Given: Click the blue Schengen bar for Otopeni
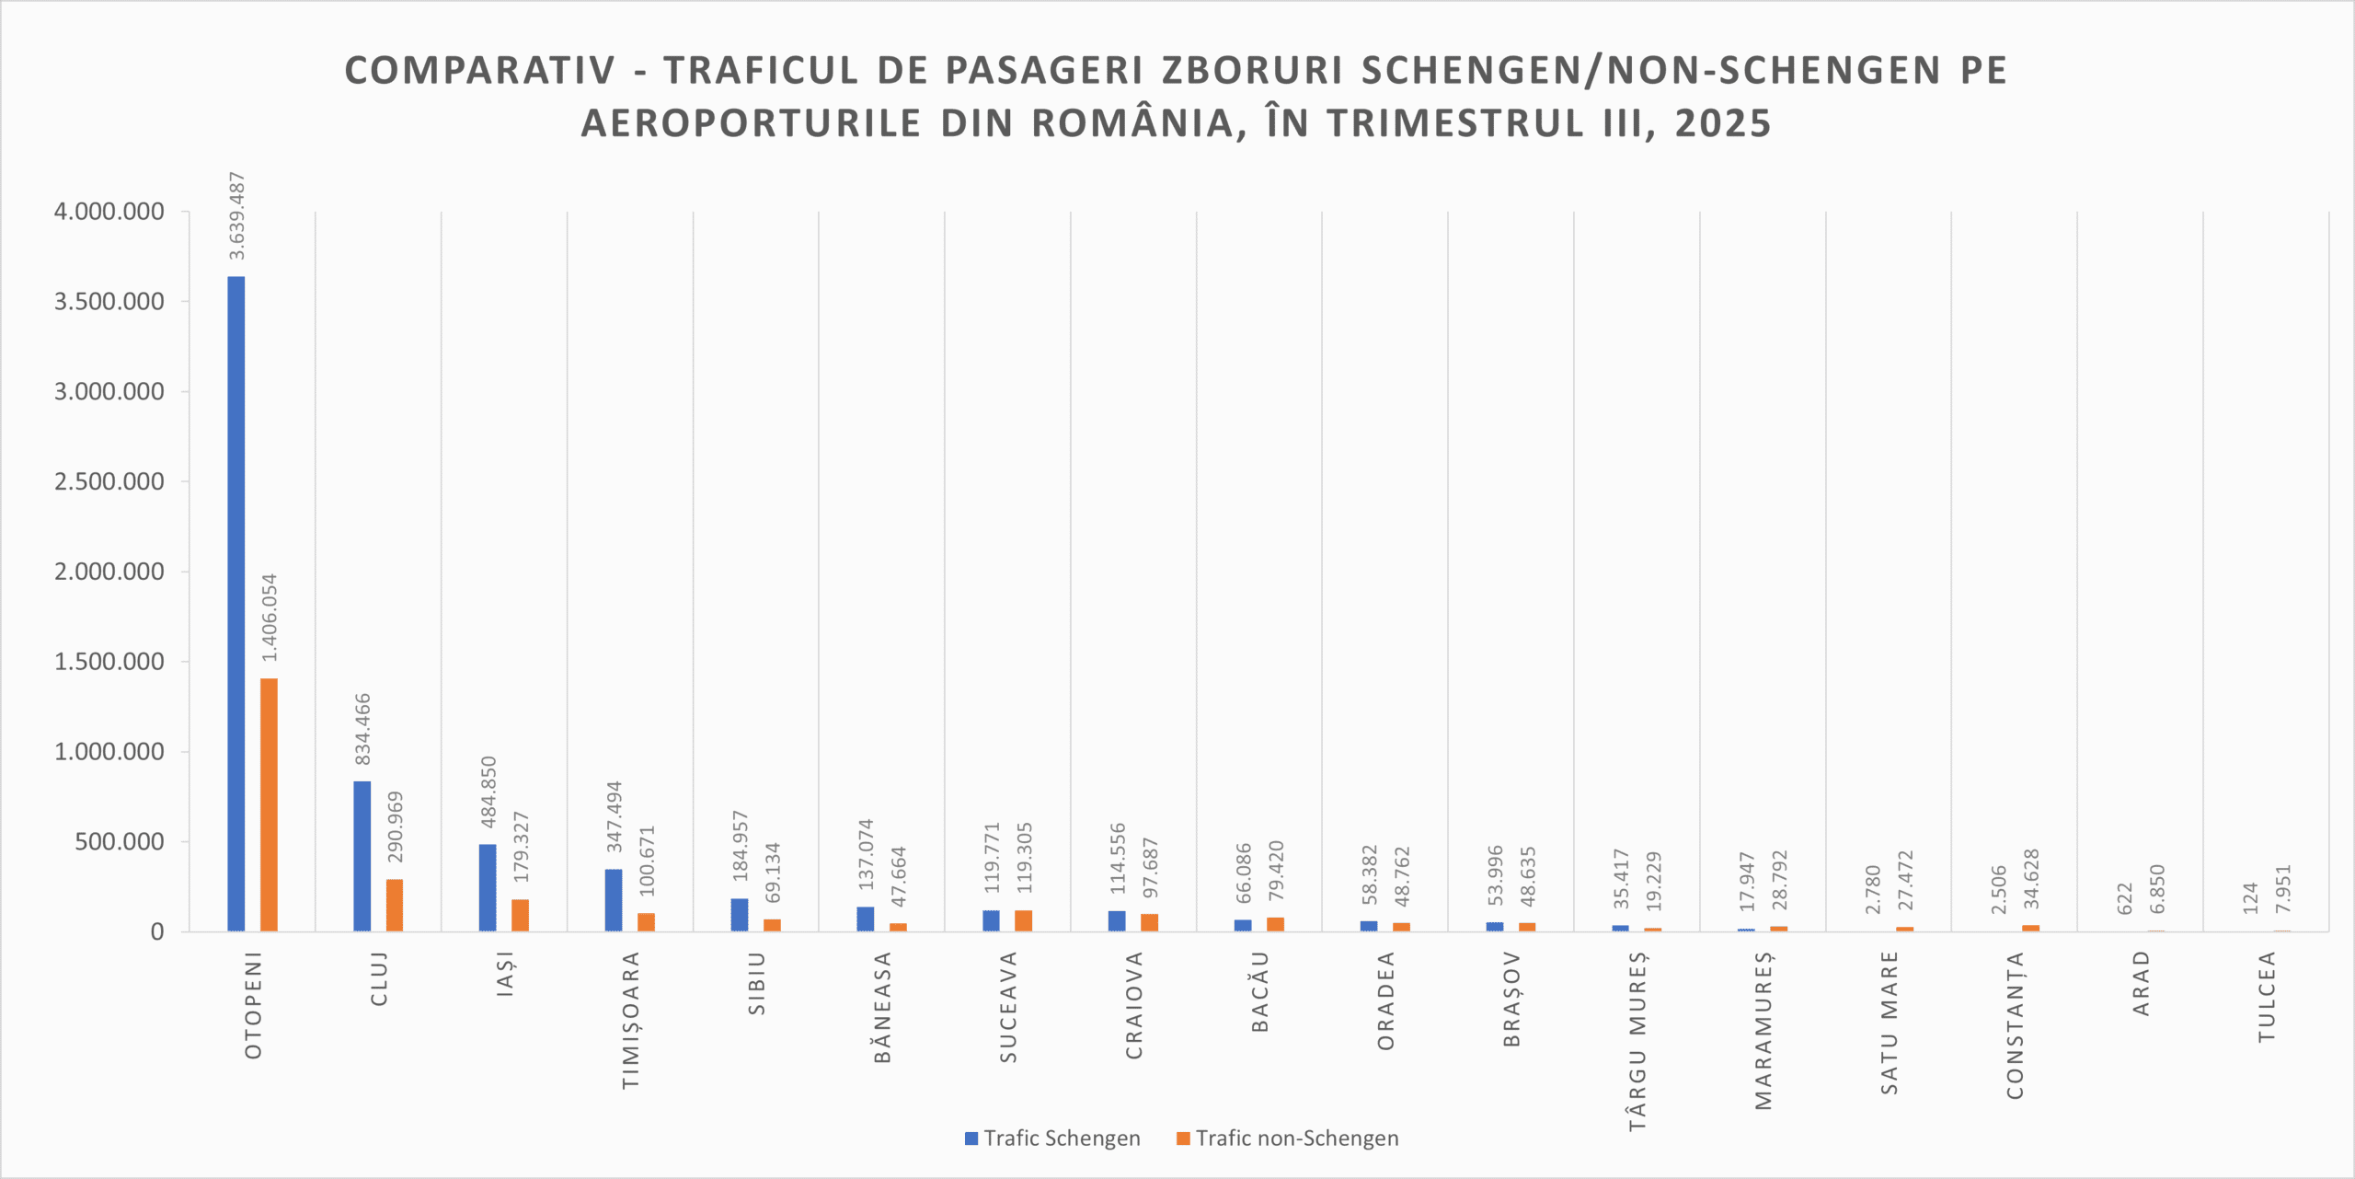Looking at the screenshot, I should click(x=236, y=603).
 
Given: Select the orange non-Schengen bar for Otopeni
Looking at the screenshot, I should click(x=269, y=804).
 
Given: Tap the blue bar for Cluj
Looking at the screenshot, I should click(x=362, y=856).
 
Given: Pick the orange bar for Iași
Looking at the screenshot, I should click(x=521, y=915).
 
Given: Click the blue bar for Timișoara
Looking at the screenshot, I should click(x=614, y=900).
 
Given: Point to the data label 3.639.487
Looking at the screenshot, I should click(x=237, y=215).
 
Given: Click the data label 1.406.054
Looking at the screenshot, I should click(x=270, y=618).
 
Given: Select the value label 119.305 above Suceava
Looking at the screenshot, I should click(x=1025, y=858).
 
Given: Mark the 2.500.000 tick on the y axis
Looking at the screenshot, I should click(x=109, y=481).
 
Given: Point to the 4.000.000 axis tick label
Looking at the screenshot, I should click(x=109, y=212).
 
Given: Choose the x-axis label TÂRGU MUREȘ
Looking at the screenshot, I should click(x=1637, y=1040).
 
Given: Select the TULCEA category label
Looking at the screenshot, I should click(x=2267, y=997).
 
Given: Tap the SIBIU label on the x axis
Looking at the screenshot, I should click(x=757, y=984).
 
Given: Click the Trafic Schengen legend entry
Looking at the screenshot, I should click(x=1052, y=1139).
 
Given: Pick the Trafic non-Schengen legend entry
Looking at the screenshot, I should click(x=1287, y=1139).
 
